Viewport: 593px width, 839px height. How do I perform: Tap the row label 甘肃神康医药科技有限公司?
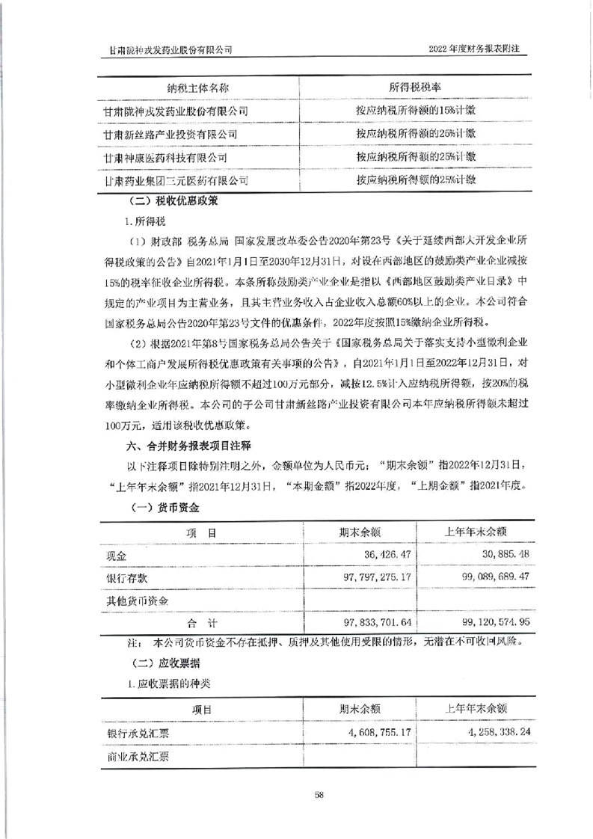166,158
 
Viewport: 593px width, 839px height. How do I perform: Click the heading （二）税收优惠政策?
176,200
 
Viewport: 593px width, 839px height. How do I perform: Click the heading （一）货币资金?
163,507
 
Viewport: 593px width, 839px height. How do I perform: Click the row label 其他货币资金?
138,600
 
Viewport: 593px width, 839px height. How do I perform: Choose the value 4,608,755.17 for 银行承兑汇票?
375,733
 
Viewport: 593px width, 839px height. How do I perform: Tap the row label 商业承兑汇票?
138,756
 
